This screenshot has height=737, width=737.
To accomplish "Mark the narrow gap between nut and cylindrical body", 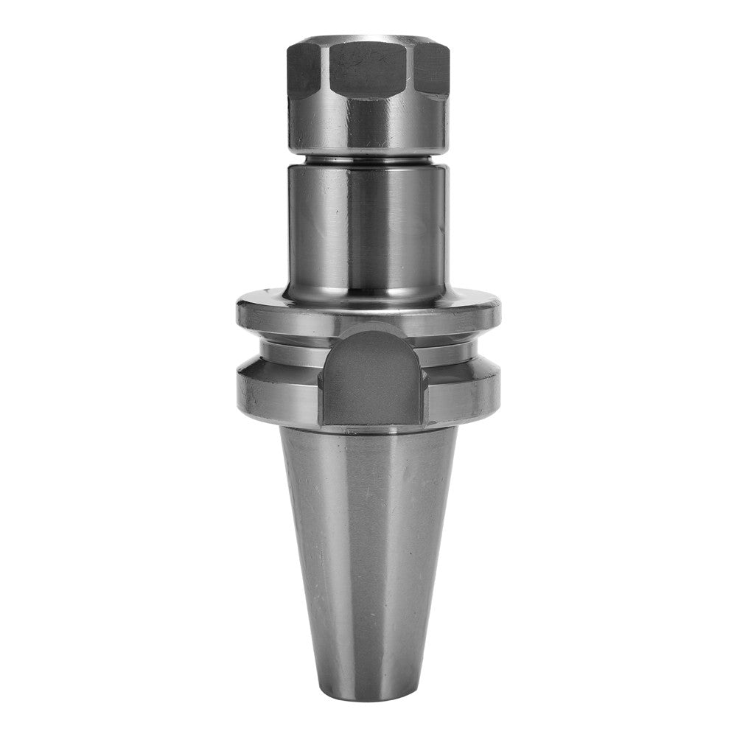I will coord(367,158).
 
